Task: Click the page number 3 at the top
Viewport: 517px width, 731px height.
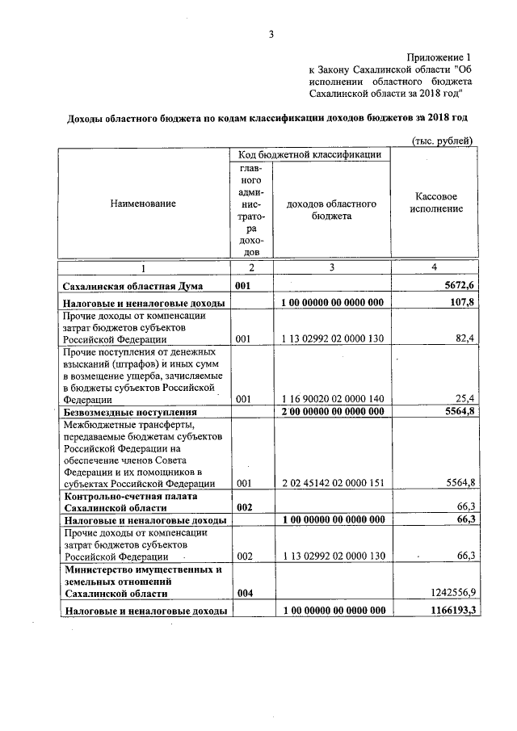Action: [271, 35]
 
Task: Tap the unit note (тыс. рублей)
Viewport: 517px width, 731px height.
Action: [442, 140]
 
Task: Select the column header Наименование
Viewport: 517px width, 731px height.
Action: [143, 204]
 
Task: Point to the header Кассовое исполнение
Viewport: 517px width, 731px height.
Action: [436, 203]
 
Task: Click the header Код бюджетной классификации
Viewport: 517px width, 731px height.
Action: [310, 153]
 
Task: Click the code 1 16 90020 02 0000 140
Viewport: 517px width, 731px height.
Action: [331, 399]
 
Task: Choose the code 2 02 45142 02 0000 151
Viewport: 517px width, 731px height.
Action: [331, 483]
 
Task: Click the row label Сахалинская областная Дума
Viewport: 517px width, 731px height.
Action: [132, 286]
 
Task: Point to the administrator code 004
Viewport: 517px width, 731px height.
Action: [245, 593]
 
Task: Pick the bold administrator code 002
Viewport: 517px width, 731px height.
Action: [245, 506]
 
